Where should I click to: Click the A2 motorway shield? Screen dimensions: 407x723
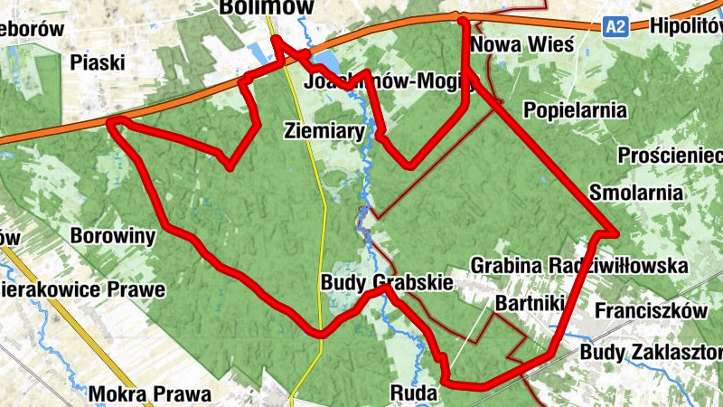click(615, 27)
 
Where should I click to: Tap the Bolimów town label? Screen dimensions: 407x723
click(267, 8)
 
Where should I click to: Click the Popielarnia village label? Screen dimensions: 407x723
click(576, 110)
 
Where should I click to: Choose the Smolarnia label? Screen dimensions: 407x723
click(634, 192)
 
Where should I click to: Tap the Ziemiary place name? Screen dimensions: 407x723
click(324, 130)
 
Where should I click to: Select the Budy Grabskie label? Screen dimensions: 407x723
click(386, 283)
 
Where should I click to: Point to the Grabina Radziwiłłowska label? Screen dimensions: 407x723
click(579, 266)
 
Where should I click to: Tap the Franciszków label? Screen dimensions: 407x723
click(651, 310)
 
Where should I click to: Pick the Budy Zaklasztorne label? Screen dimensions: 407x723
click(652, 351)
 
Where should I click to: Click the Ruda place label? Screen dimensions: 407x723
click(414, 393)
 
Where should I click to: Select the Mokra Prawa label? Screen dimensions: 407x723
click(150, 394)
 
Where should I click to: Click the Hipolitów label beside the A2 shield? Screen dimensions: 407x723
click(686, 26)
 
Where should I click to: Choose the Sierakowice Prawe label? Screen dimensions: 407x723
click(83, 290)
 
